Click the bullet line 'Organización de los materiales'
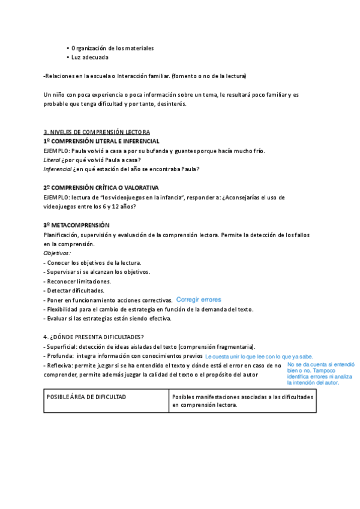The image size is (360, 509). point(112,48)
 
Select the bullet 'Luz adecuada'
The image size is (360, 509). point(89,58)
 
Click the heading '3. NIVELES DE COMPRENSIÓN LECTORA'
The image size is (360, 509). point(97,131)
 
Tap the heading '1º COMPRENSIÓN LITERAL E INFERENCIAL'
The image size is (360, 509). point(101,140)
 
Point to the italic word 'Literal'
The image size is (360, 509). point(52,160)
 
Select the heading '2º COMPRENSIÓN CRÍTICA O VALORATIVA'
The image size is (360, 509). point(101,187)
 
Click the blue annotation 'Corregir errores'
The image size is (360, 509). point(199,300)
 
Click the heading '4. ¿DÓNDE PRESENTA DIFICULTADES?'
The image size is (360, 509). point(94,337)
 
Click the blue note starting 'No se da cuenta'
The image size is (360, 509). point(320,373)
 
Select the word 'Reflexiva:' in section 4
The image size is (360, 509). point(61,365)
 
